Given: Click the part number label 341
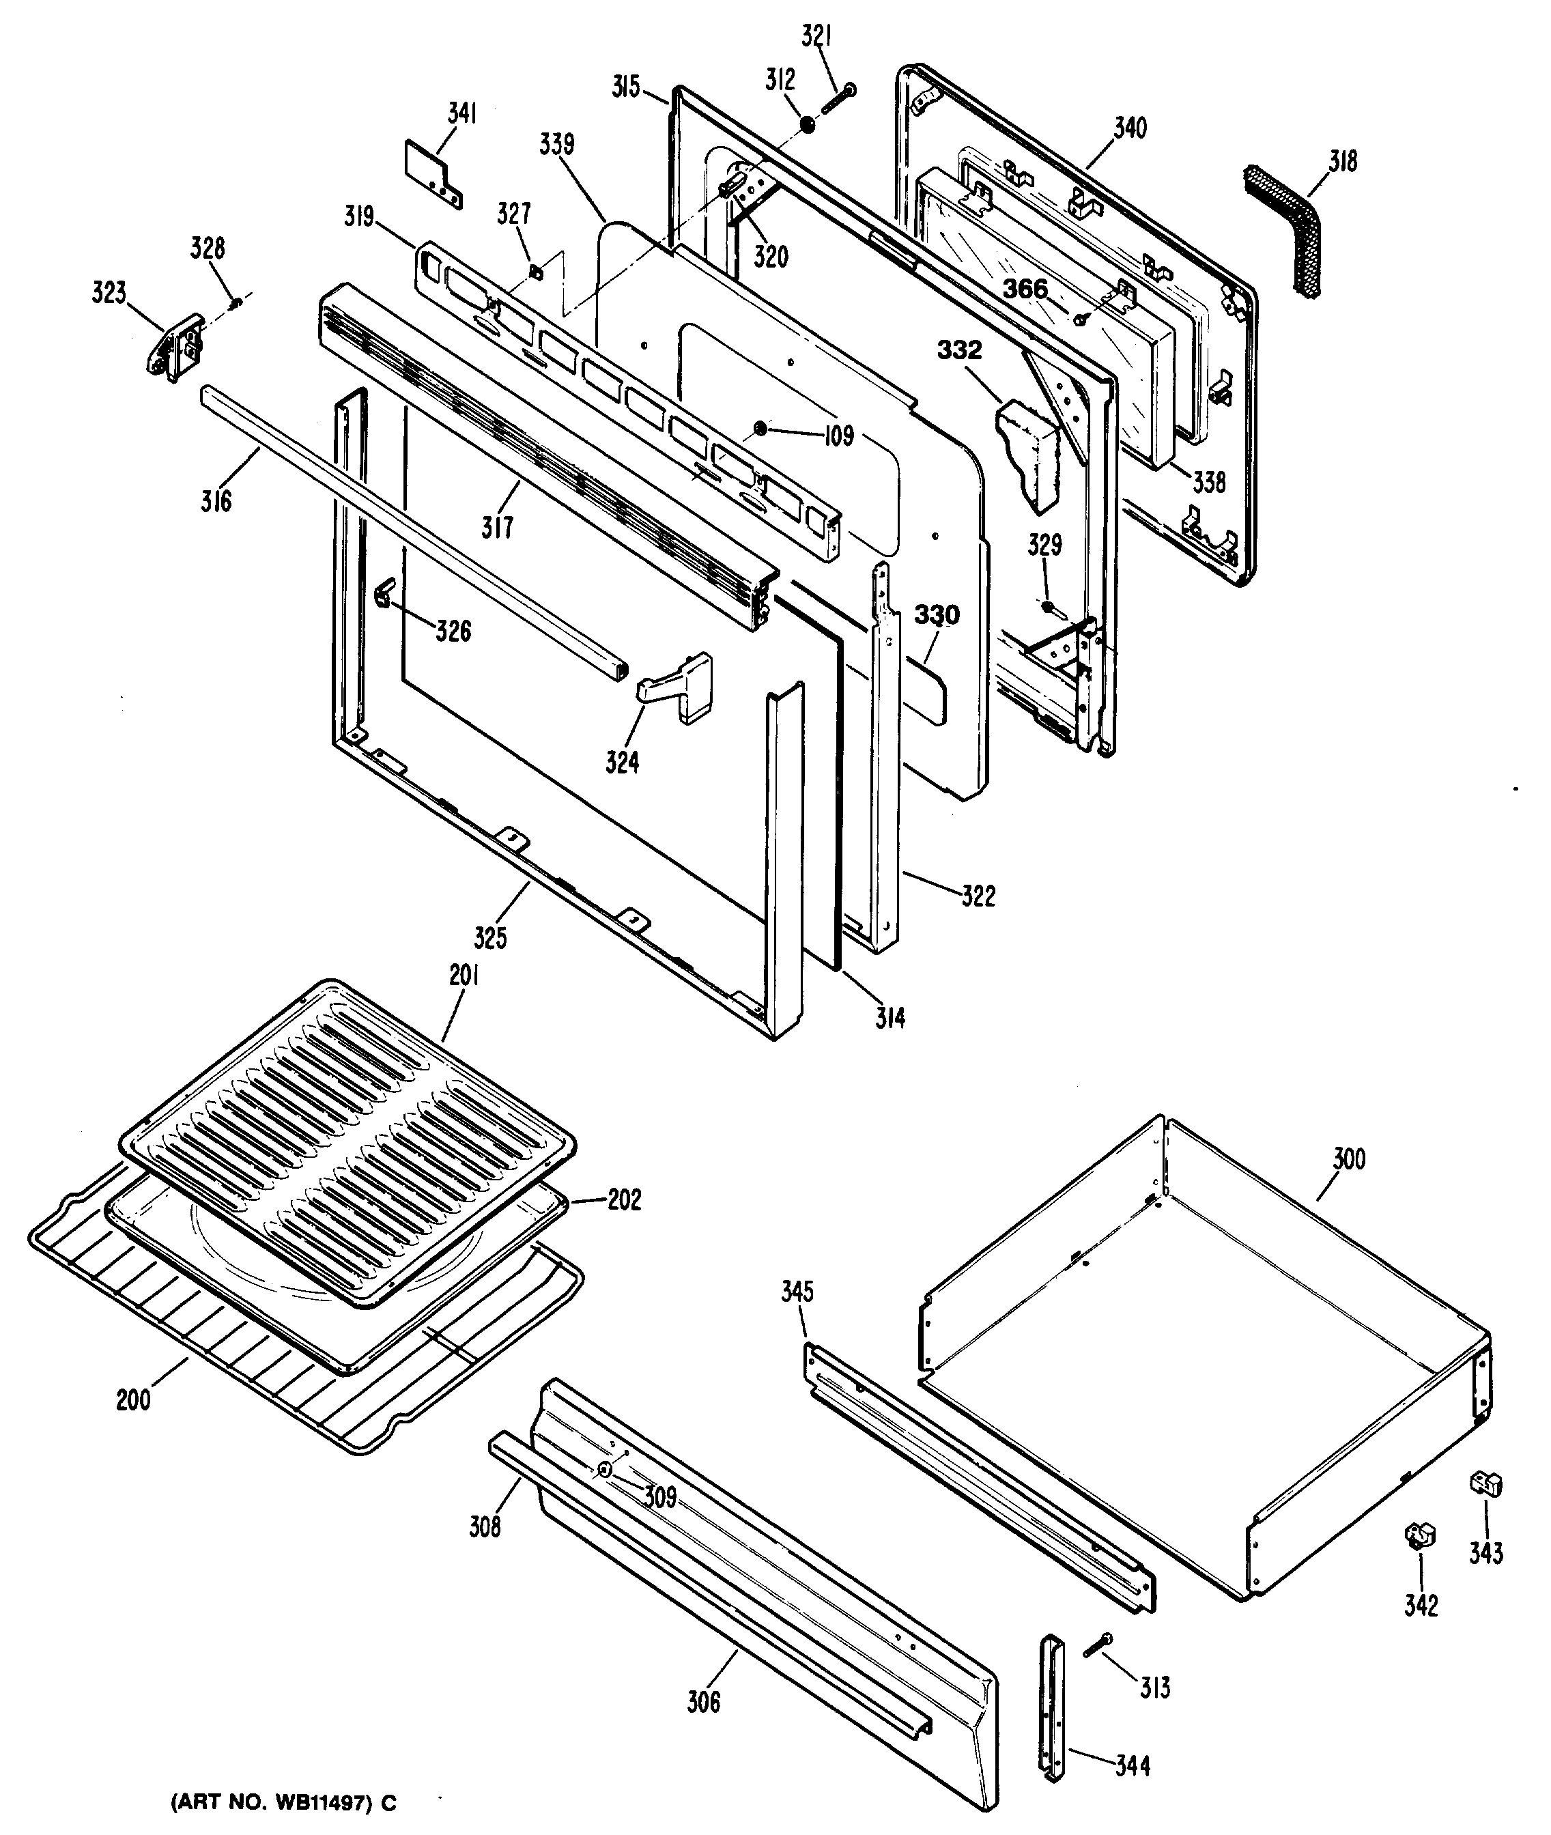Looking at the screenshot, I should coord(462,113).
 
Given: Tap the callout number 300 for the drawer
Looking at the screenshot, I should coord(1348,1159).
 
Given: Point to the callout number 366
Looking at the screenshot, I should coord(1026,288).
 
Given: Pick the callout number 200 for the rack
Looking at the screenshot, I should coord(134,1399).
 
